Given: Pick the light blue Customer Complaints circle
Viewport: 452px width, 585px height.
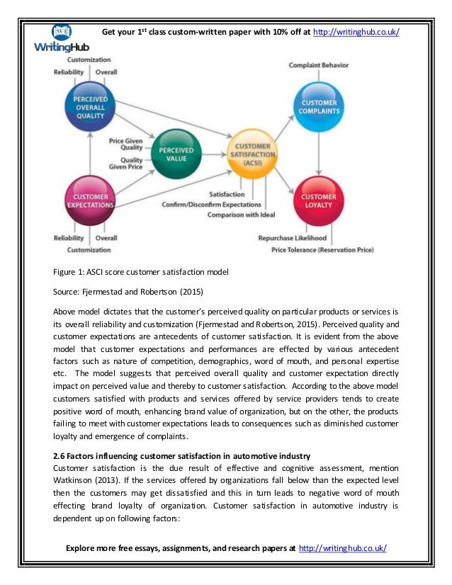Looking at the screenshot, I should pyautogui.click(x=318, y=106).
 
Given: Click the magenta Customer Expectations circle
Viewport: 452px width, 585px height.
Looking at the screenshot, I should pyautogui.click(x=90, y=200).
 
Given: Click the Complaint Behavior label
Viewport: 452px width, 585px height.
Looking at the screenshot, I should pyautogui.click(x=318, y=65).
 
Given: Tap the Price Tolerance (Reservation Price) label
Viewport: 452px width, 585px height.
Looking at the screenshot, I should pyautogui.click(x=323, y=249).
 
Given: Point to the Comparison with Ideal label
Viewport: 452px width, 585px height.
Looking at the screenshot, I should pyautogui.click(x=241, y=215).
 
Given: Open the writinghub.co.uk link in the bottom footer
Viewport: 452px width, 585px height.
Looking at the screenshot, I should pyautogui.click(x=343, y=549).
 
